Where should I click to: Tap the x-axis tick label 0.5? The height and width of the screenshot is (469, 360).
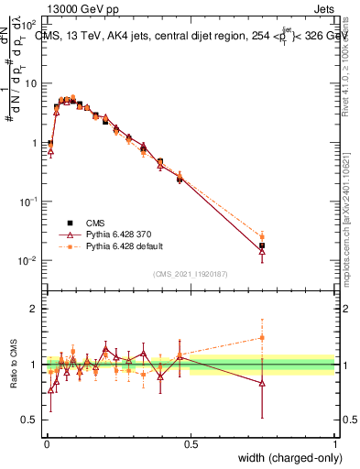click(191, 444)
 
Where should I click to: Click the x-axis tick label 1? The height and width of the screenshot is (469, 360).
click(334, 444)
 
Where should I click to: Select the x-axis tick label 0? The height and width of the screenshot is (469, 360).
click(47, 444)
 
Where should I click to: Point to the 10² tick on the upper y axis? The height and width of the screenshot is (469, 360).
click(31, 22)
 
